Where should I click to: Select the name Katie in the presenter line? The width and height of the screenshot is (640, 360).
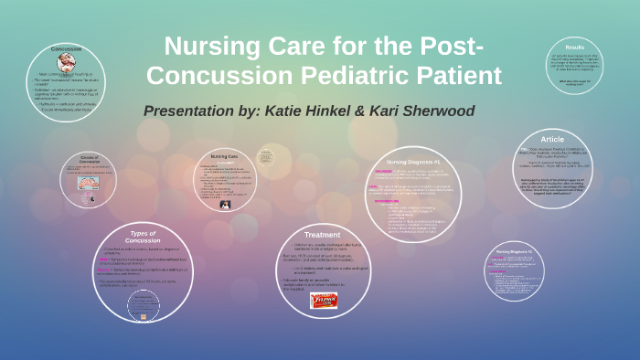pos(286,111)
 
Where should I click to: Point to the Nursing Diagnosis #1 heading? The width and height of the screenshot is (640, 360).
pos(413,162)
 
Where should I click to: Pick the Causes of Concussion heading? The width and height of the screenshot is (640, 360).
pos(89,159)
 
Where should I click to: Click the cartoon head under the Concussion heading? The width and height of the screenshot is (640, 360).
pos(67,62)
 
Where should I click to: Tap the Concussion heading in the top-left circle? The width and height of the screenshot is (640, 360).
pos(67,48)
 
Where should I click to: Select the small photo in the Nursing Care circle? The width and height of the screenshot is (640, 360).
pos(224,204)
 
